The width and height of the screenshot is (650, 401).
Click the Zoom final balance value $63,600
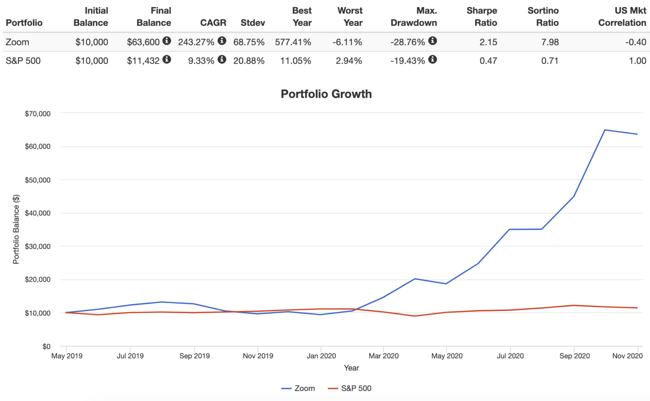point(143,42)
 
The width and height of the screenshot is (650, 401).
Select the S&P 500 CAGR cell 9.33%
point(201,61)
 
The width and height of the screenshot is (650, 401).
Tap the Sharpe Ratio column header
point(482,17)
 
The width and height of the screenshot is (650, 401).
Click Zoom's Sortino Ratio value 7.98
point(550,42)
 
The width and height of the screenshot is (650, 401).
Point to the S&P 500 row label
point(23,61)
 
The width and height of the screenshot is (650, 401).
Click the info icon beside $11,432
point(167,59)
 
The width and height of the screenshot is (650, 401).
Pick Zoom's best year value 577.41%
point(293,42)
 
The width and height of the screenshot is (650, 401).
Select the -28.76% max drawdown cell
point(408,42)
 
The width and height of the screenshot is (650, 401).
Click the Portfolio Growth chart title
point(326,94)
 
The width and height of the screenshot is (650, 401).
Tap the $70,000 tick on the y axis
point(38,113)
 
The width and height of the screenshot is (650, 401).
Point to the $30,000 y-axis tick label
point(38,246)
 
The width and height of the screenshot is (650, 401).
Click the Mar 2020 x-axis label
point(383,356)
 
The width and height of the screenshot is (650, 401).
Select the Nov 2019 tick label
point(258,356)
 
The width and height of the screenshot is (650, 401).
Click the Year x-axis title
point(351,368)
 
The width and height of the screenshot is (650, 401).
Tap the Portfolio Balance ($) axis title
point(16,229)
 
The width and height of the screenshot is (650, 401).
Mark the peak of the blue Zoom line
point(605,130)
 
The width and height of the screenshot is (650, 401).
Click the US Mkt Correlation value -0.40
point(636,42)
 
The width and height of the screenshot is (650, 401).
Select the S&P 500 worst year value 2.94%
point(349,61)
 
